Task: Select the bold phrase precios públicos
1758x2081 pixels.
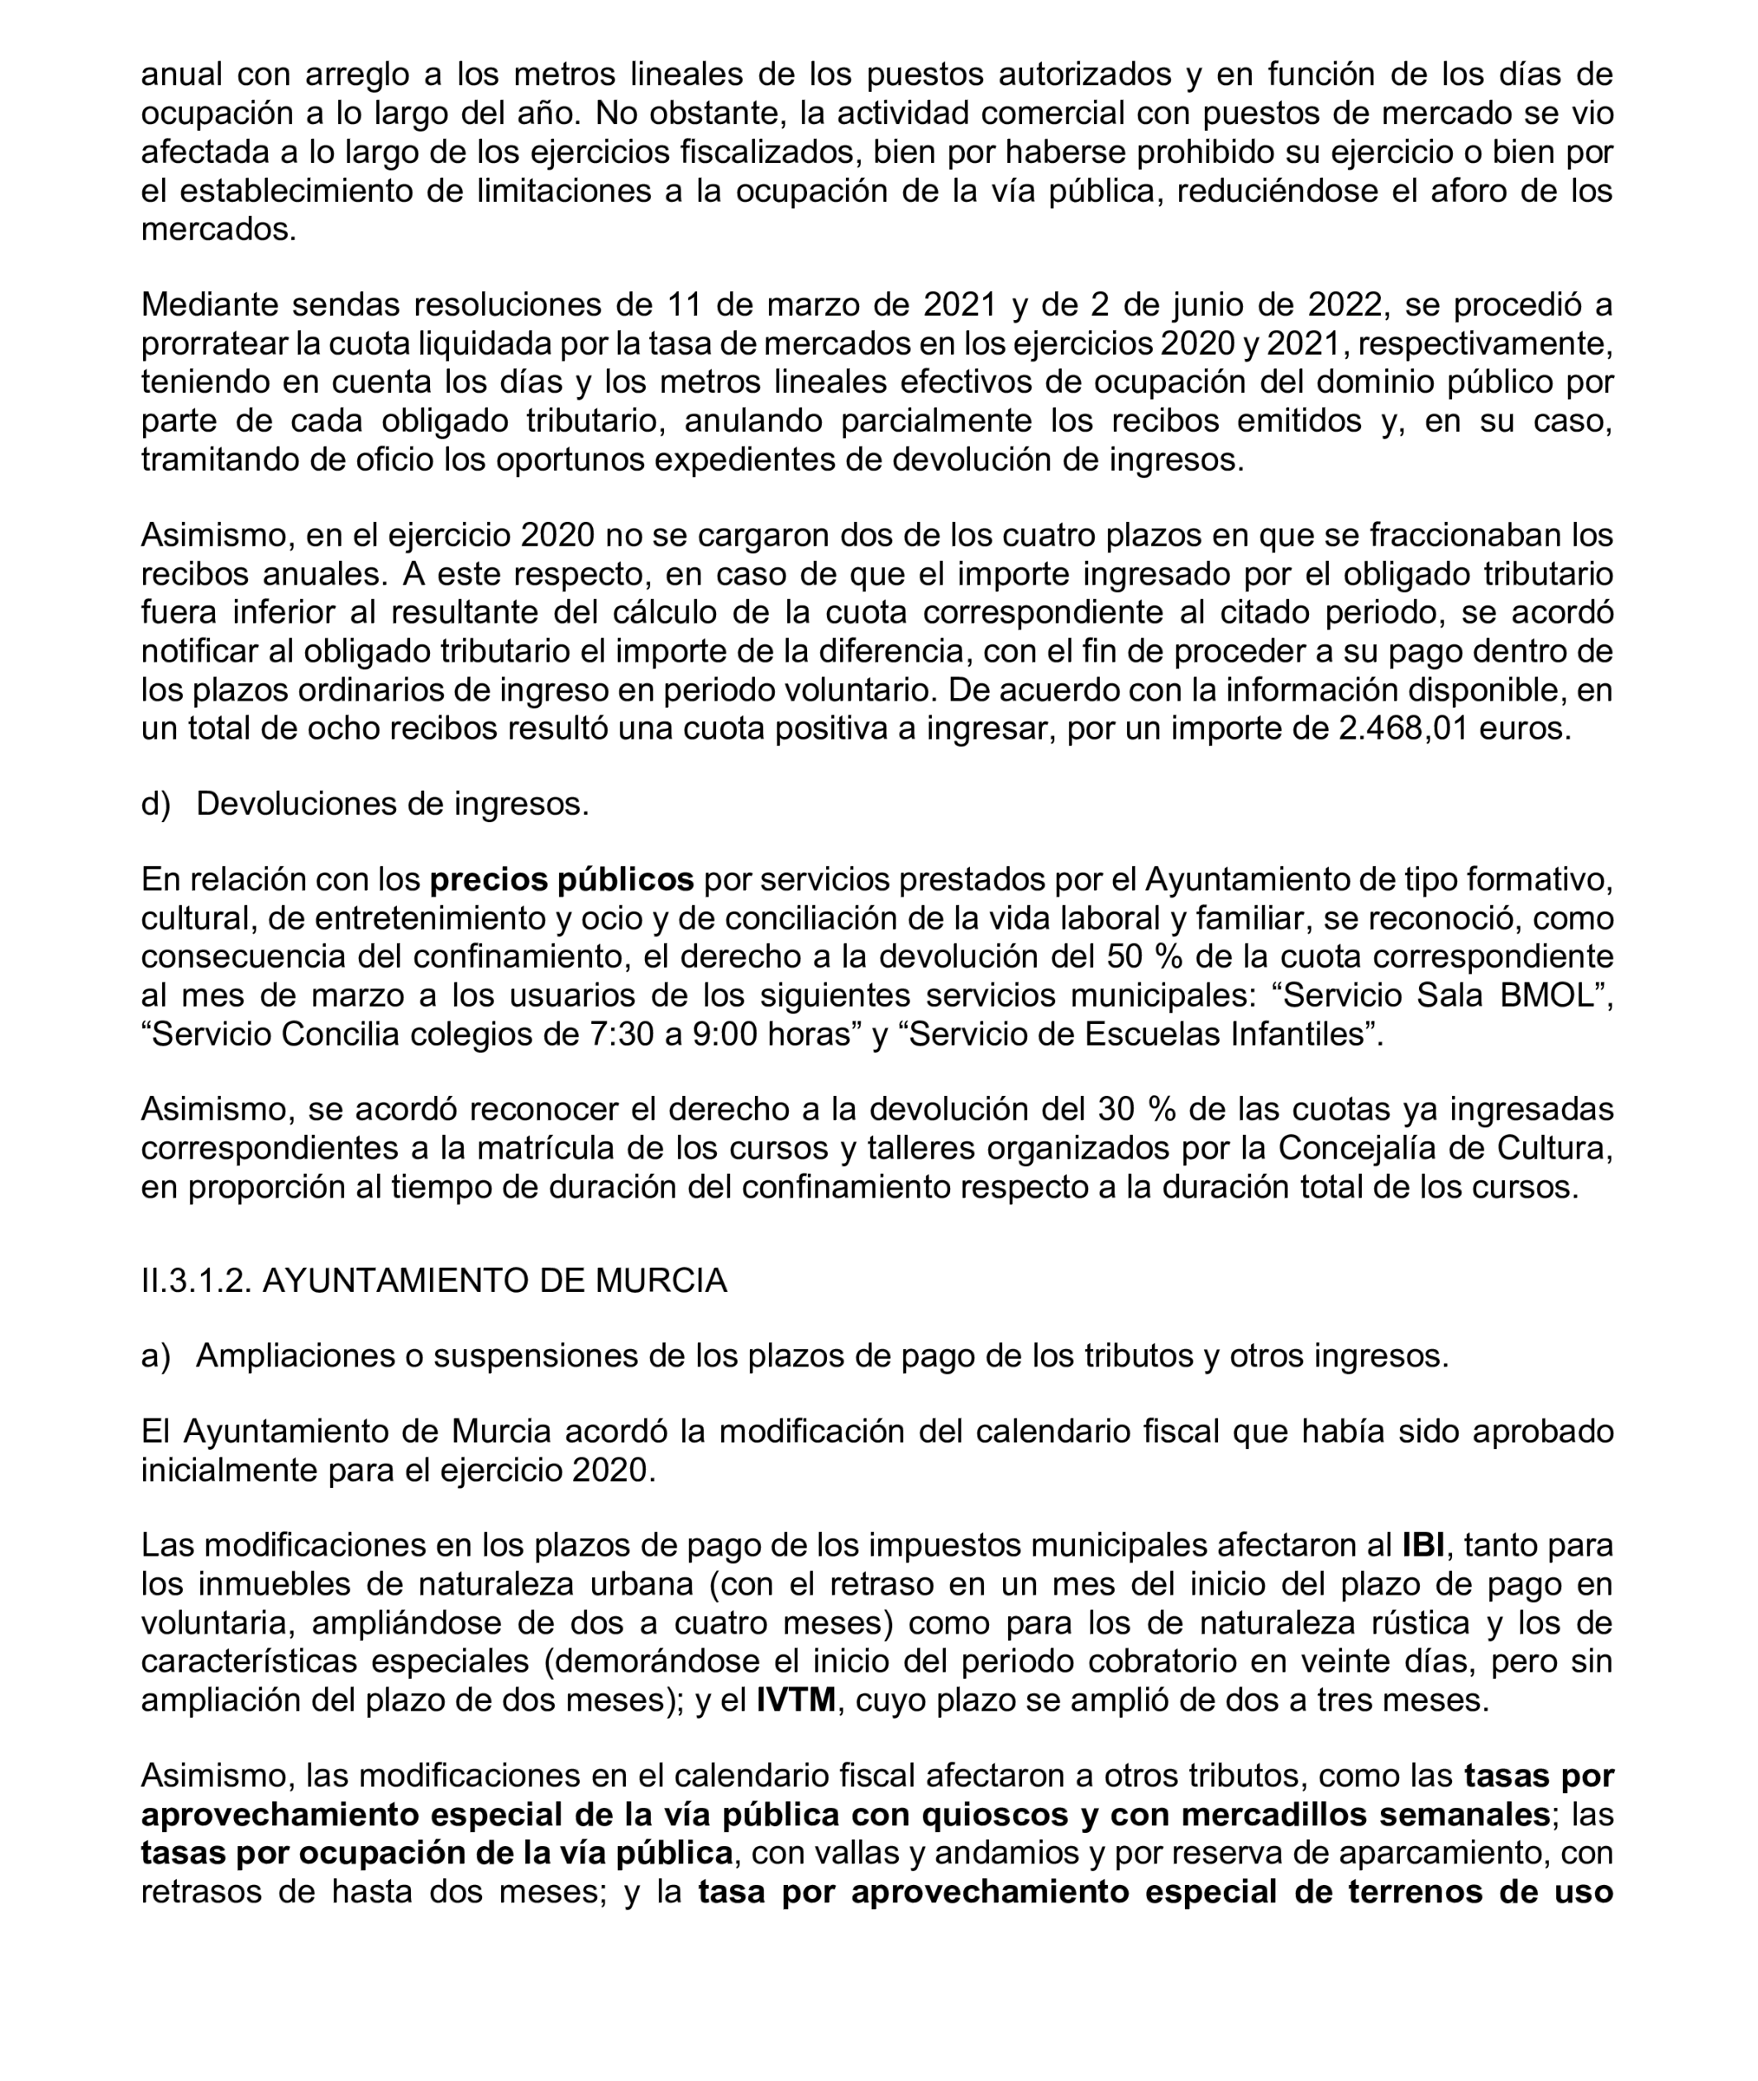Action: (561, 879)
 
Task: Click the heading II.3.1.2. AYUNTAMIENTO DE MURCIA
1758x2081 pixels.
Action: (433, 1280)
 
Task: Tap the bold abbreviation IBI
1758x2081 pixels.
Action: (1423, 1545)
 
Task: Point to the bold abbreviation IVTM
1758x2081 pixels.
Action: (795, 1699)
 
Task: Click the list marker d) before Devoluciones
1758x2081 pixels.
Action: (155, 803)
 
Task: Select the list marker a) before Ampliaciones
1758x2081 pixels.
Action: (155, 1356)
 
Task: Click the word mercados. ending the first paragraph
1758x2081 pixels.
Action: (218, 229)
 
